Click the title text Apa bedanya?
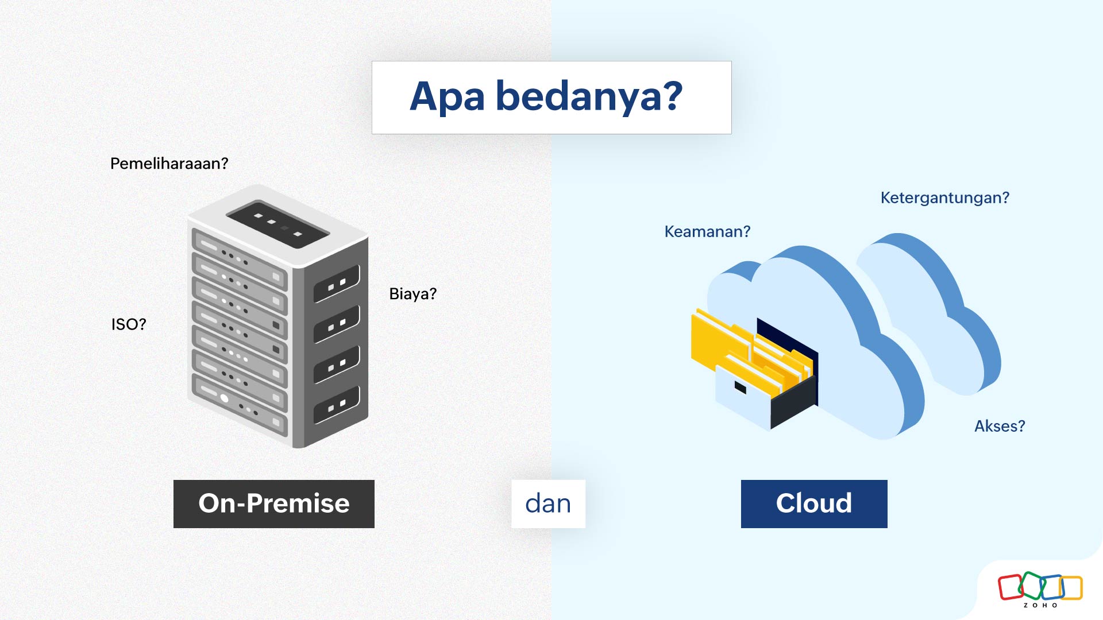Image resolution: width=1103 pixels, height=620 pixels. click(546, 96)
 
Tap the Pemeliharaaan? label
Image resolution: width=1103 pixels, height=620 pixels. click(169, 164)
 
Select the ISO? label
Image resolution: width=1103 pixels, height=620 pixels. click(129, 324)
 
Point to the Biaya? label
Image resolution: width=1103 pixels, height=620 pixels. click(412, 294)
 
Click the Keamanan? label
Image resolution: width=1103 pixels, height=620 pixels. click(707, 231)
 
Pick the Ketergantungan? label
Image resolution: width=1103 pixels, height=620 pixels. click(944, 198)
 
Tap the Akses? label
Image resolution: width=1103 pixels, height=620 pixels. click(1000, 426)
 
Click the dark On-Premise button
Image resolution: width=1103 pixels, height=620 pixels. click(274, 503)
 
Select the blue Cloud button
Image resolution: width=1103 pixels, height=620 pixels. click(813, 503)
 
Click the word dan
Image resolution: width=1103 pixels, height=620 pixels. click(548, 503)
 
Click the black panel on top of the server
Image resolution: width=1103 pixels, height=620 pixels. click(278, 224)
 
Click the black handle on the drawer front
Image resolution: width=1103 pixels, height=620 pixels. click(741, 388)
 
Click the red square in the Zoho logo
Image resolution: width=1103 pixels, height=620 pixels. click(1009, 587)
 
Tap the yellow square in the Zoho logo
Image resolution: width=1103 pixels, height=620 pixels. click(1072, 587)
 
